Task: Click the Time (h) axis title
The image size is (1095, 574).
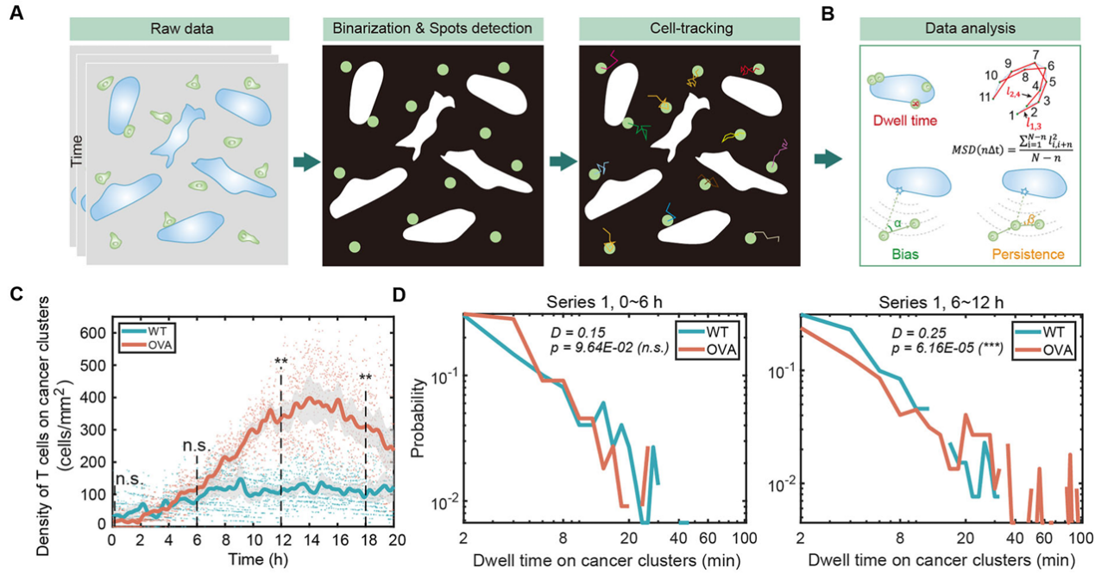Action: [252, 558]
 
